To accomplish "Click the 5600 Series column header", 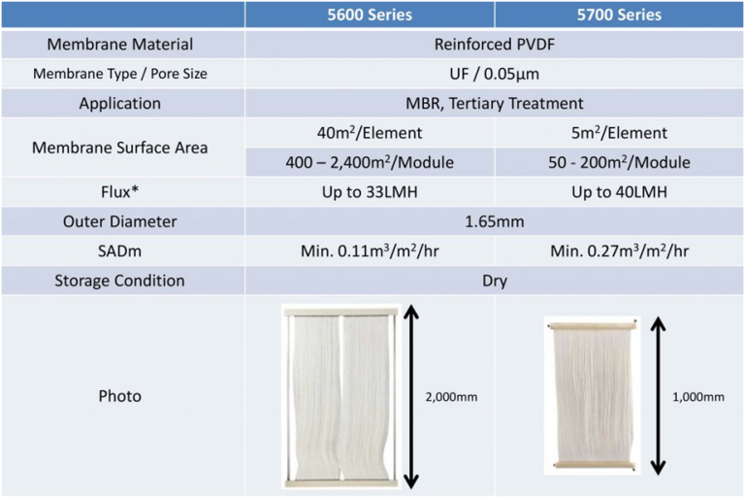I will [x=370, y=15].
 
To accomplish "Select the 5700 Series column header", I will [x=618, y=15].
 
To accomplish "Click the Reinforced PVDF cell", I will [x=494, y=44].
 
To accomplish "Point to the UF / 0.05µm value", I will [x=494, y=74].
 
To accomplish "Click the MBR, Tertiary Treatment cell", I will [x=494, y=103].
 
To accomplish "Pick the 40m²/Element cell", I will [x=370, y=133].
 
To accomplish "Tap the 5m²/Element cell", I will [x=618, y=133].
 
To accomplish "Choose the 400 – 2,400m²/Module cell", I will [x=370, y=162].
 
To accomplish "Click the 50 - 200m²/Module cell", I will [x=618, y=162].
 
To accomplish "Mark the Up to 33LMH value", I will [x=370, y=192].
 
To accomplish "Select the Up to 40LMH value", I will [x=618, y=192].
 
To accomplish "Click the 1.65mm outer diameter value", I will [x=494, y=221].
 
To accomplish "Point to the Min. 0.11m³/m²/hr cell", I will [x=370, y=251].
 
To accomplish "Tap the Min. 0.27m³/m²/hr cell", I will [x=618, y=251].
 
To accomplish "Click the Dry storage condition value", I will [x=494, y=281].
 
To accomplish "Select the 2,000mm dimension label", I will [x=452, y=396].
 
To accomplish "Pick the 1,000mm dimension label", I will [x=698, y=396].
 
